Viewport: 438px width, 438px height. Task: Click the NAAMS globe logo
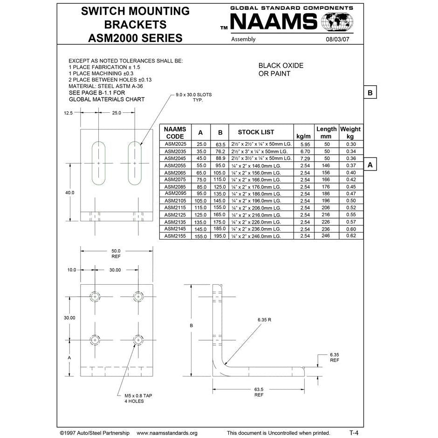coord(337,22)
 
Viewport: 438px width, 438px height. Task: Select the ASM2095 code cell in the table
coord(175,193)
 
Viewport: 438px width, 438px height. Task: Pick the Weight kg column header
coord(350,132)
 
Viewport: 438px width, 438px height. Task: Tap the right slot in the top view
coord(135,162)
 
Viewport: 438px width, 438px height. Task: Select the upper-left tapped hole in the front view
coord(96,296)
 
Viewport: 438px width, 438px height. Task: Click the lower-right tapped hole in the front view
coord(138,340)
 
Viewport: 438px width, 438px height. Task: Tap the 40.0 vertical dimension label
coord(69,192)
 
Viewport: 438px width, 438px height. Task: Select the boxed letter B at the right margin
coord(370,93)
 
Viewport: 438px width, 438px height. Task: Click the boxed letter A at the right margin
coord(370,164)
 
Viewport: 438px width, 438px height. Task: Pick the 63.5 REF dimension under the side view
coord(259,391)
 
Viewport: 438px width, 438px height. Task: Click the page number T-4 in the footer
coord(354,432)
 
